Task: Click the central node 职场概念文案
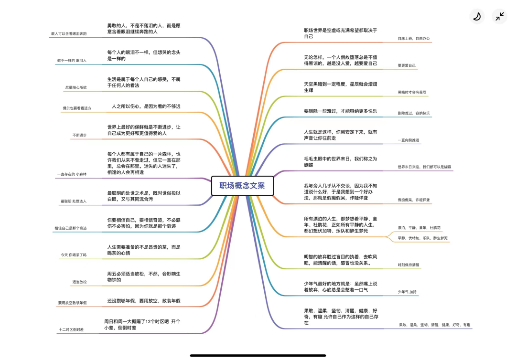[242, 186]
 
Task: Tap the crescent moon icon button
[476, 17]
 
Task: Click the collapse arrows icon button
[500, 17]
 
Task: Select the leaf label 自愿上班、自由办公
[414, 38]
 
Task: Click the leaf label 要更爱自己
[407, 65]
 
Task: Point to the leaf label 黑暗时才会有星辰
[412, 92]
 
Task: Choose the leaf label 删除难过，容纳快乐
[413, 113]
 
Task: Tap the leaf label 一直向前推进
[408, 140]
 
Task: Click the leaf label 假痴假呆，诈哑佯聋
[414, 200]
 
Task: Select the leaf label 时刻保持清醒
[408, 265]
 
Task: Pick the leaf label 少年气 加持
[407, 291]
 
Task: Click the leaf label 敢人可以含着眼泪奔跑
[69, 34]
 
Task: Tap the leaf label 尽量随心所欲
[76, 87]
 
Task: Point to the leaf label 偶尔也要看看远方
[76, 108]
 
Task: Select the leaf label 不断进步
[79, 135]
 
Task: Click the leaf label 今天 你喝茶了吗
[74, 255]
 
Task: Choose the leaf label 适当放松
[79, 282]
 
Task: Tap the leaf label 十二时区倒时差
[71, 329]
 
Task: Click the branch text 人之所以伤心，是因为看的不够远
[146, 106]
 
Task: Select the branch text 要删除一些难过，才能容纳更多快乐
[341, 111]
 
